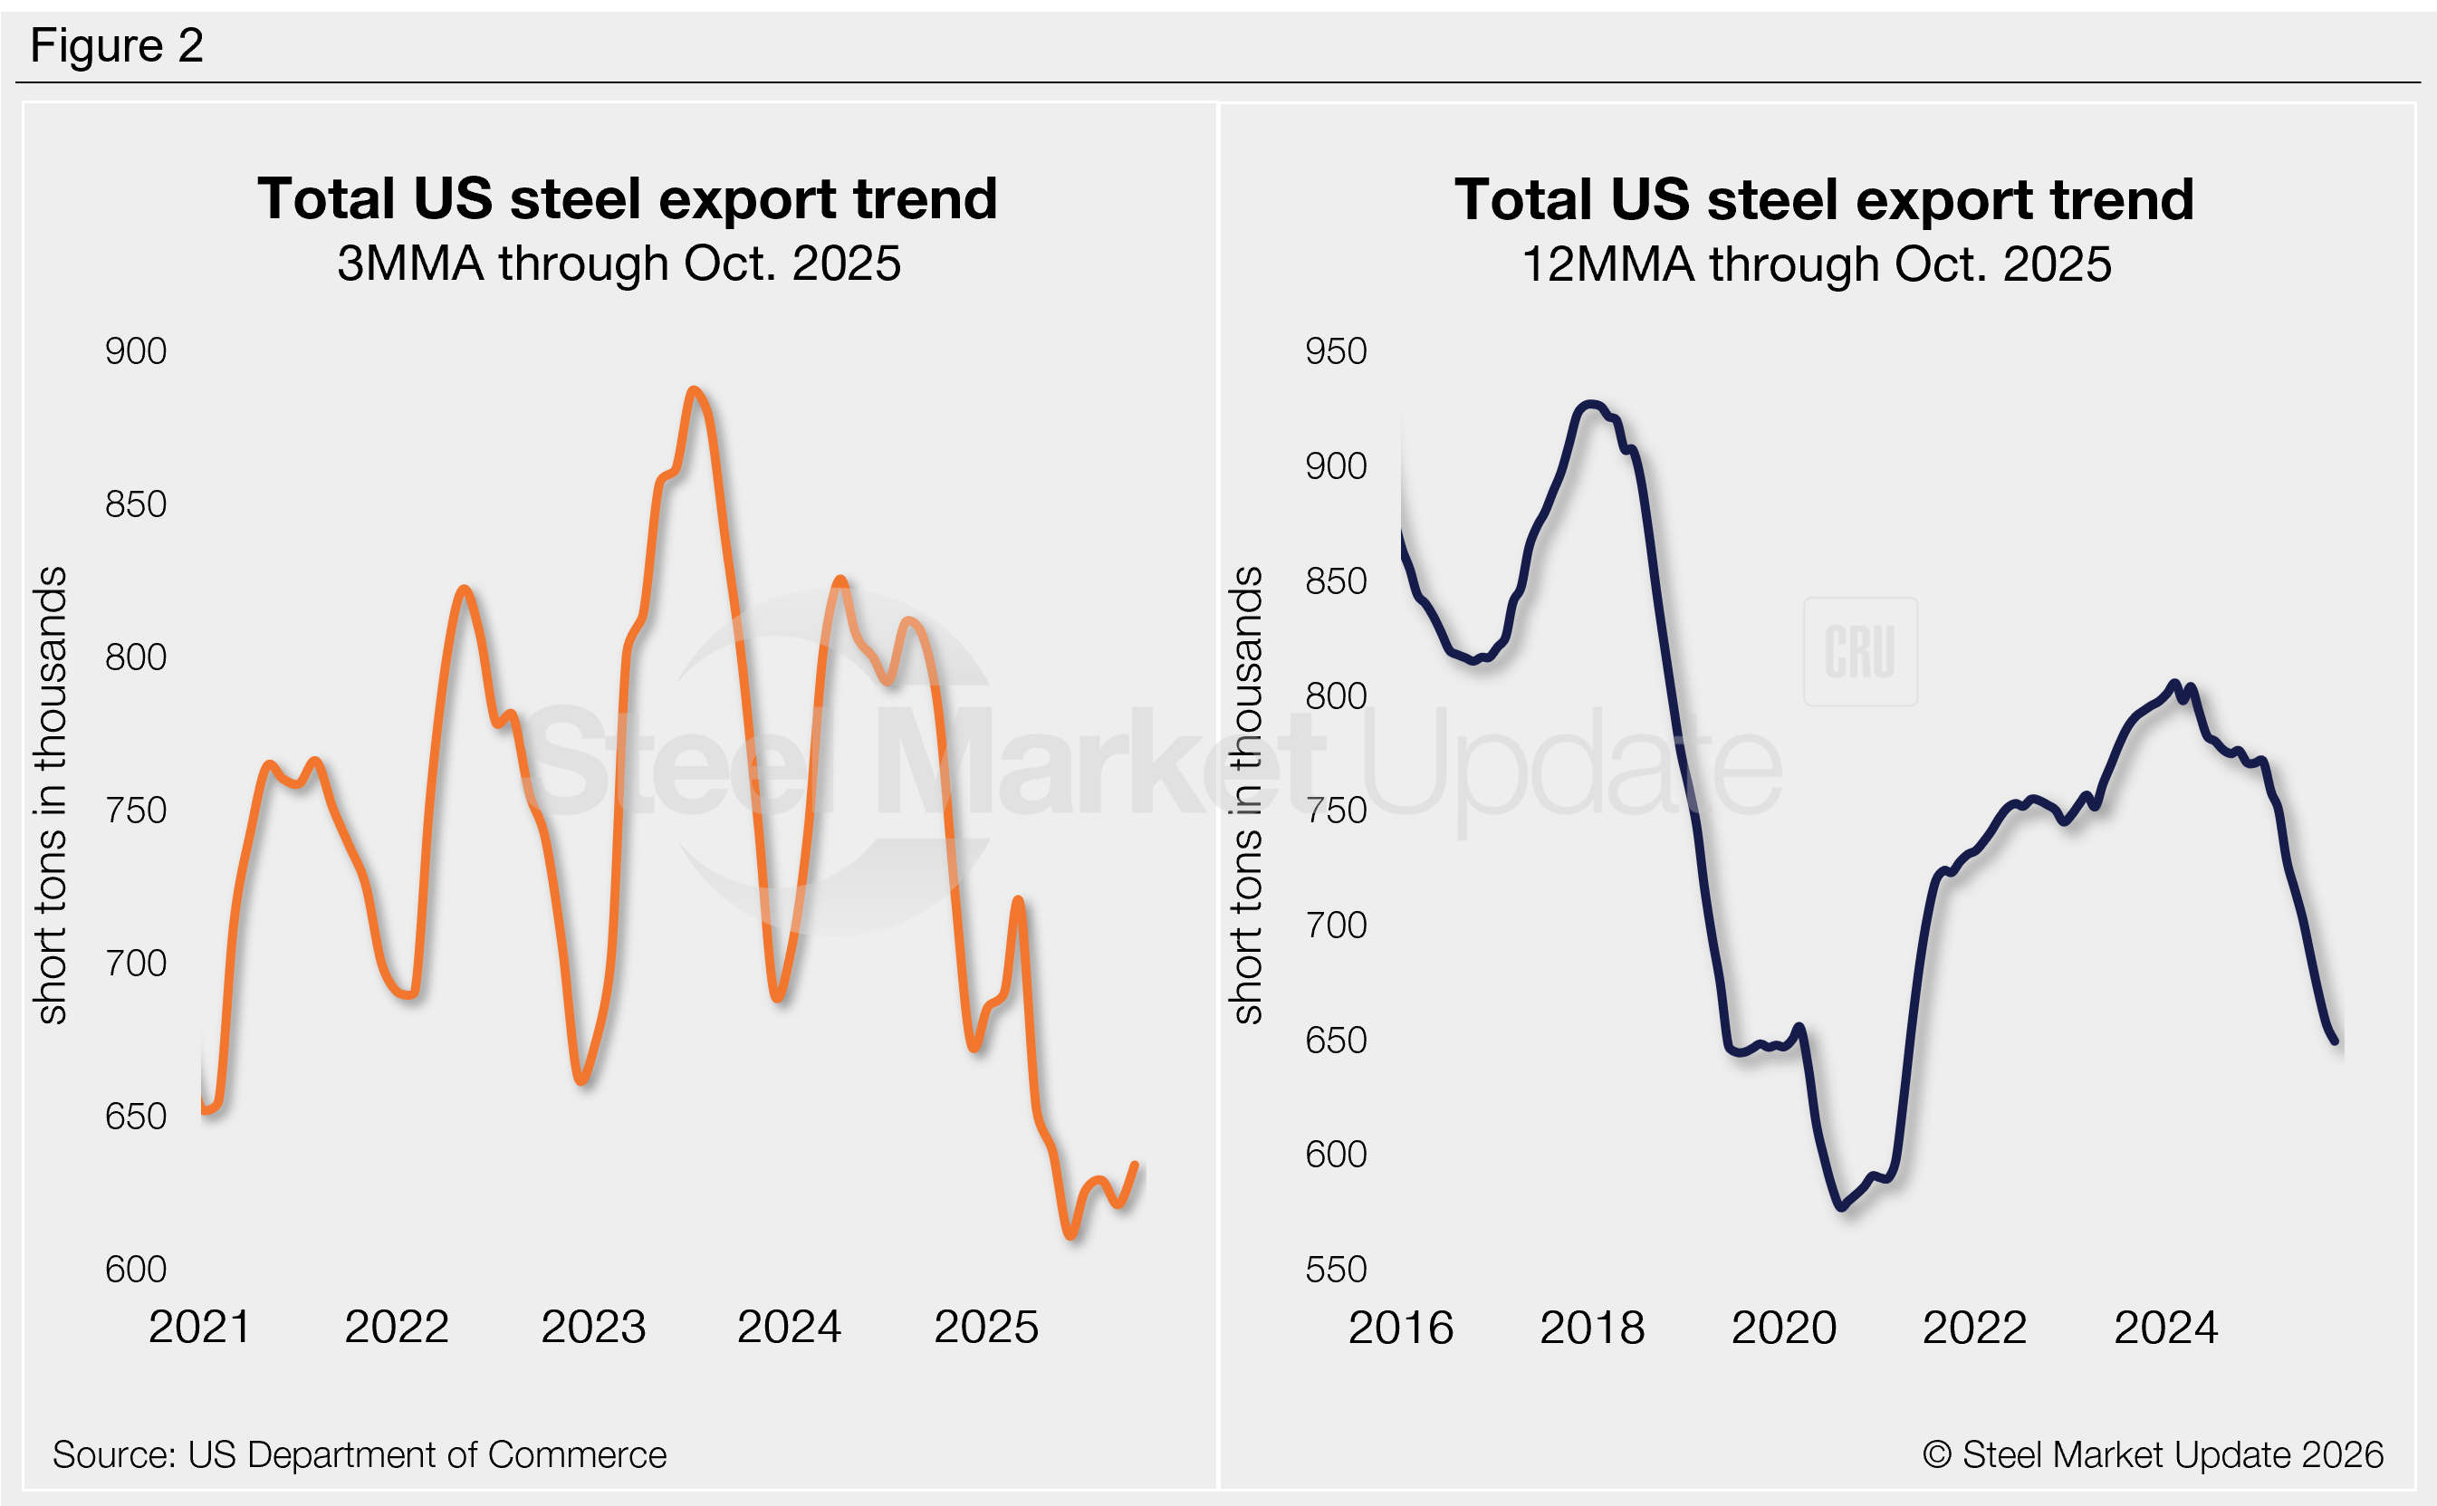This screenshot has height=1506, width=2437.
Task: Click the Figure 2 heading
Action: (x=117, y=46)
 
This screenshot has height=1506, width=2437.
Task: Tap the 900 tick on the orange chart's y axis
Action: (x=136, y=351)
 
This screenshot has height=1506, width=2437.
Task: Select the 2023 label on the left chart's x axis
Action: (x=592, y=1327)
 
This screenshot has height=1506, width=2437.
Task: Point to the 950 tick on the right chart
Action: (x=1336, y=351)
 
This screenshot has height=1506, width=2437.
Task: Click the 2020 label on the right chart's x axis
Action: (x=1782, y=1328)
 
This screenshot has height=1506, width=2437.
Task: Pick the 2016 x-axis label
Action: (x=1400, y=1328)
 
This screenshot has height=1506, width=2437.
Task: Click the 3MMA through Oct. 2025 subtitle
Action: (x=619, y=264)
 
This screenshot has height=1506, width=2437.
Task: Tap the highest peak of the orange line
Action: (x=695, y=390)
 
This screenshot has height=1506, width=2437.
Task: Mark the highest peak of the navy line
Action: (x=1590, y=405)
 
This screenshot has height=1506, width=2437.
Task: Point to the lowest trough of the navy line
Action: (x=1841, y=1206)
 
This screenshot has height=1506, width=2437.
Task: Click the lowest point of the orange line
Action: (x=1070, y=1235)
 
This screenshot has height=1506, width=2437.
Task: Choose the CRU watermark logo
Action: (x=1859, y=652)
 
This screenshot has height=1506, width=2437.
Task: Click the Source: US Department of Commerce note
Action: (x=360, y=1455)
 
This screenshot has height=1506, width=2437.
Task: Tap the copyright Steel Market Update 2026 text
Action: (x=2152, y=1455)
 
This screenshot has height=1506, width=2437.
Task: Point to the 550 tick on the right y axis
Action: (x=1336, y=1270)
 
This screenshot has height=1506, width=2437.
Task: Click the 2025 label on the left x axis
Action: (x=986, y=1327)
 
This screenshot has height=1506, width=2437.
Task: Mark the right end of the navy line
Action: (x=2335, y=1041)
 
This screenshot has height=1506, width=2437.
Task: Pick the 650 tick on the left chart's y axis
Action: (x=136, y=1117)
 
